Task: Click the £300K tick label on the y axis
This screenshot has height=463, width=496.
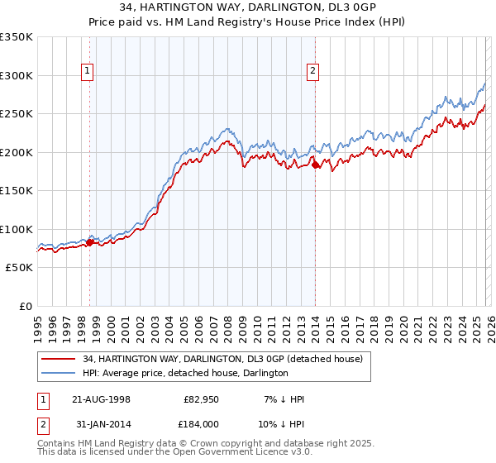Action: point(17,75)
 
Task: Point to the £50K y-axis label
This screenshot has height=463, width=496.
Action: point(19,268)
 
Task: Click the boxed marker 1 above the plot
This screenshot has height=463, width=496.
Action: point(88,72)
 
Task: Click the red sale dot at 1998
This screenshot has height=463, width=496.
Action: point(90,242)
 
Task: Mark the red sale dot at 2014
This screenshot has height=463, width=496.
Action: point(316,165)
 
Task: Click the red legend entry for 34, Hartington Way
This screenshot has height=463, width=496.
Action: point(222,359)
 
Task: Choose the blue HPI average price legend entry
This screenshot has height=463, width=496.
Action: point(184,373)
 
